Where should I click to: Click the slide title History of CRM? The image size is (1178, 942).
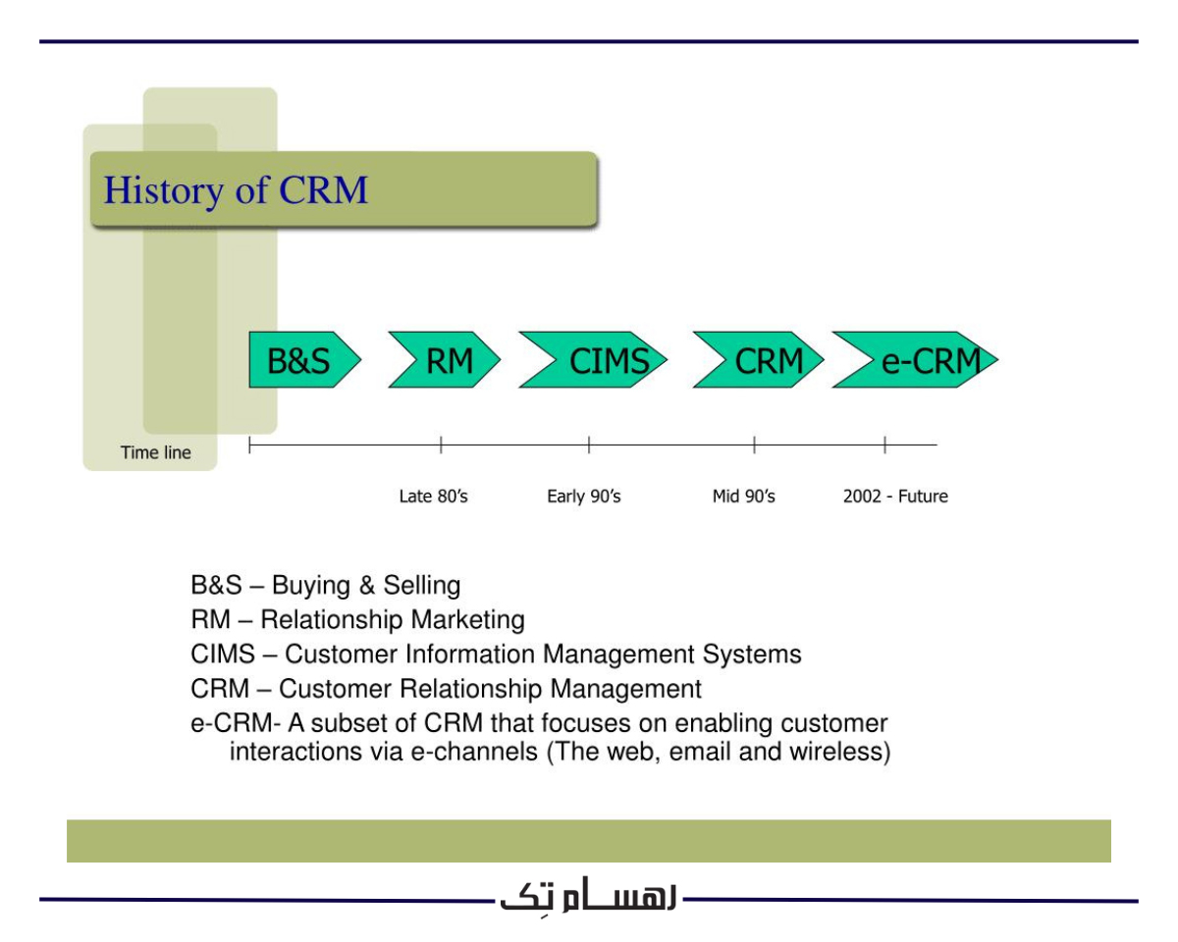click(x=236, y=189)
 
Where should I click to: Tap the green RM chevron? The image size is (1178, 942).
click(x=447, y=361)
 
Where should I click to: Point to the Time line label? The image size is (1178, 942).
click(x=156, y=453)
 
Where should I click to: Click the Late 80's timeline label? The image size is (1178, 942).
click(x=433, y=497)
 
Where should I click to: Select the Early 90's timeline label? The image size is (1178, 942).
click(x=583, y=497)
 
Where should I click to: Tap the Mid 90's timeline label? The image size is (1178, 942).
click(x=743, y=497)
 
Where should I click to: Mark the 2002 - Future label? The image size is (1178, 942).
click(x=895, y=497)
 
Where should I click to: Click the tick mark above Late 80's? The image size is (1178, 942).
click(x=441, y=445)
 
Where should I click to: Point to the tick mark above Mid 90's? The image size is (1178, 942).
click(x=754, y=445)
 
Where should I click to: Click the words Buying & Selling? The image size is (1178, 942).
click(x=366, y=587)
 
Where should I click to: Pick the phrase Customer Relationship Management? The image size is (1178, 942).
click(x=491, y=689)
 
